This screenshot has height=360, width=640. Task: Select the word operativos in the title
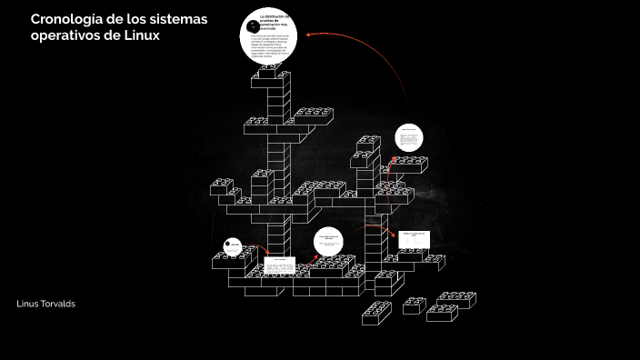[x=67, y=35]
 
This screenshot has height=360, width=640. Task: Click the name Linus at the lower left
[x=30, y=303]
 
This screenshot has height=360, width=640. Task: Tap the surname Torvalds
[x=60, y=303]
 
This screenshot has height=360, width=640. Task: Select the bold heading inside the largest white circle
[x=275, y=22]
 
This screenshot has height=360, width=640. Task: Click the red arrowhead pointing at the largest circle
[x=310, y=35]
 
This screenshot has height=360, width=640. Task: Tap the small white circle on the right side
[x=409, y=141]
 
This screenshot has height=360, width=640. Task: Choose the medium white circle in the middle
[x=330, y=243]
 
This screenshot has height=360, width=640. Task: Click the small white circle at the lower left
[x=232, y=246]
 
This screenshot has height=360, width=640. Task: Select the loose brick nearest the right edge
[x=455, y=300]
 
